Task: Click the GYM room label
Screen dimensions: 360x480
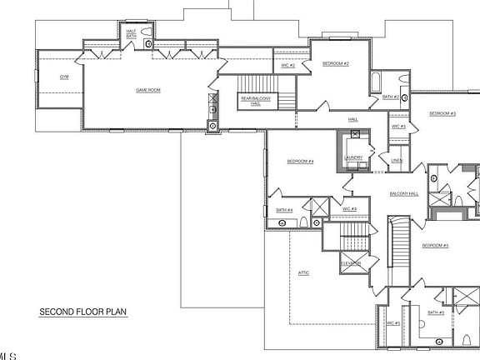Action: tap(63, 77)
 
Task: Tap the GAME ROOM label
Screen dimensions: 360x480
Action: tap(148, 88)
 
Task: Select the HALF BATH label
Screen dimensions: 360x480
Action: tap(131, 33)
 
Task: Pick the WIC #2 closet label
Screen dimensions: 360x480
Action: tap(287, 65)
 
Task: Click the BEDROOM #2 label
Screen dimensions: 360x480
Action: tap(335, 64)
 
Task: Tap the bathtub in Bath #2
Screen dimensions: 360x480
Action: tap(376, 84)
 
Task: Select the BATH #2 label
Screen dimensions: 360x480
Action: tap(389, 97)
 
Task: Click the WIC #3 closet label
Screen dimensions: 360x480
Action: tap(397, 127)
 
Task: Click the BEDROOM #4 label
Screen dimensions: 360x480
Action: tap(300, 161)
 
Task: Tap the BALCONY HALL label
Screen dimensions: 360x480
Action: tap(403, 194)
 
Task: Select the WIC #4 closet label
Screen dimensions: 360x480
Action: tap(348, 208)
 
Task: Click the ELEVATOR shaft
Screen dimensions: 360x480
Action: tap(350, 263)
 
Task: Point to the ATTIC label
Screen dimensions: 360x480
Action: tap(303, 272)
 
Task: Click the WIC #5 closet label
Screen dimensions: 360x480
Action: tap(392, 322)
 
